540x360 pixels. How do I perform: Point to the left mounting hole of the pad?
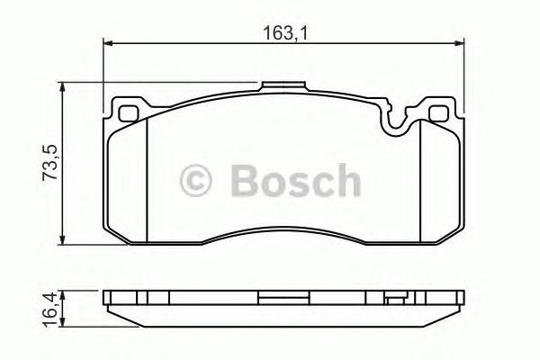(128, 114)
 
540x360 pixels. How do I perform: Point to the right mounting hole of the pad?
(439, 114)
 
